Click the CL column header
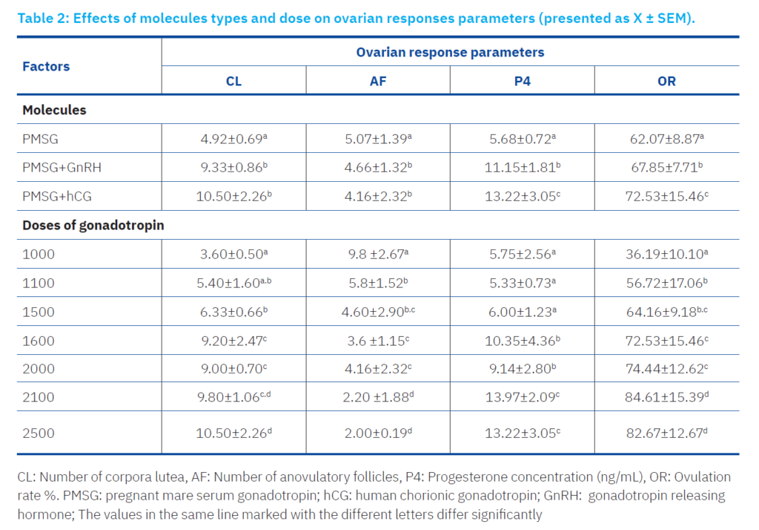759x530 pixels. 233,81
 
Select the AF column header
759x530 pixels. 378,81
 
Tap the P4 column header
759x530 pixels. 523,81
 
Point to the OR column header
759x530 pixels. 666,81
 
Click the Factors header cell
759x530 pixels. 46,66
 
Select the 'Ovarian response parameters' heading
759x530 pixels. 450,52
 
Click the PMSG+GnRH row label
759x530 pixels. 62,168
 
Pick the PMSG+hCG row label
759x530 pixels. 57,197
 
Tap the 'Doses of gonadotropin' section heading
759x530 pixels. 93,226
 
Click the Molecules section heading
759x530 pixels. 54,110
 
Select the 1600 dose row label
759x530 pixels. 39,341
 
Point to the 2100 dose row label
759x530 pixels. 39,398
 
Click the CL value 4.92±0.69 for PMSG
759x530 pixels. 233,139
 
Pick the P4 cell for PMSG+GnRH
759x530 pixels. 523,168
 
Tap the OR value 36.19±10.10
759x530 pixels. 666,254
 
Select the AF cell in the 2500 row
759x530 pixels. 378,433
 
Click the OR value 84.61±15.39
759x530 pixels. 666,398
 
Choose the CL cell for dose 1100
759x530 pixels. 233,283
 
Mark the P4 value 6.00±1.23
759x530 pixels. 523,312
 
